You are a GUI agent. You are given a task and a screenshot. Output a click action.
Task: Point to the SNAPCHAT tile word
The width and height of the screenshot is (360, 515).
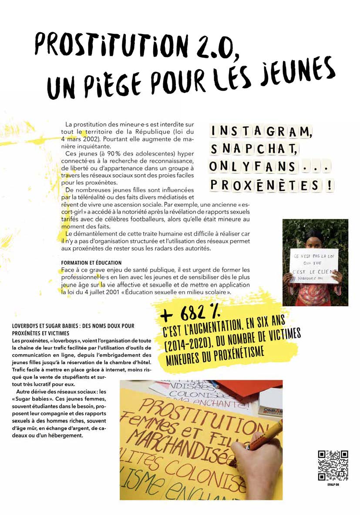tap(253, 149)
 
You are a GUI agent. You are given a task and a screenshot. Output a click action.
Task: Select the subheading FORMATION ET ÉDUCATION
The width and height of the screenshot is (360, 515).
tap(91, 263)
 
